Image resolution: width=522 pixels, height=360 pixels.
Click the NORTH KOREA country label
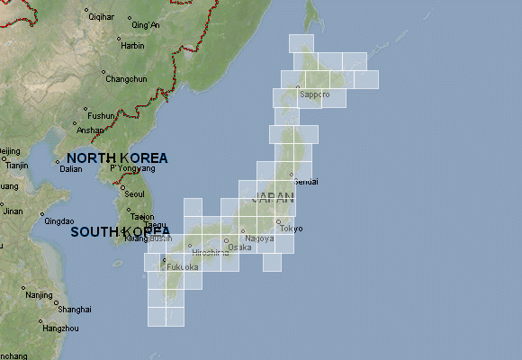point(117,157)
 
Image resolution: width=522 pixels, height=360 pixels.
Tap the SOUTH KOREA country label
point(121,231)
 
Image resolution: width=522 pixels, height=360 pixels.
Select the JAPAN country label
point(274,197)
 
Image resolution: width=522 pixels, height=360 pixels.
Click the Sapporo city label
point(315,94)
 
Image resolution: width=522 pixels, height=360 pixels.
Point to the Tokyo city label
point(292,229)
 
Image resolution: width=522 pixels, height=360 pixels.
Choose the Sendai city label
point(307,182)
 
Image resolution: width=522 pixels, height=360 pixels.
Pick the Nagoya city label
point(259,238)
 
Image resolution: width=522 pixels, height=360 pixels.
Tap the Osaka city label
point(239,247)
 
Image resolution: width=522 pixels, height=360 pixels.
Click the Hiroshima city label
point(210,253)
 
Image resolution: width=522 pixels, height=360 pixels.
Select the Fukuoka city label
point(183,267)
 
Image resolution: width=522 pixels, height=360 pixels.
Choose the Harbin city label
point(132,45)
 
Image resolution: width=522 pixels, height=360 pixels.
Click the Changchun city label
point(126,79)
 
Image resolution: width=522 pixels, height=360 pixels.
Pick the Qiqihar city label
point(102,17)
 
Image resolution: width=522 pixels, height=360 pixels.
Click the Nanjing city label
point(40,295)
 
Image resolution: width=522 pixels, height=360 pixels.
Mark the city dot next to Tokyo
point(278,221)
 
